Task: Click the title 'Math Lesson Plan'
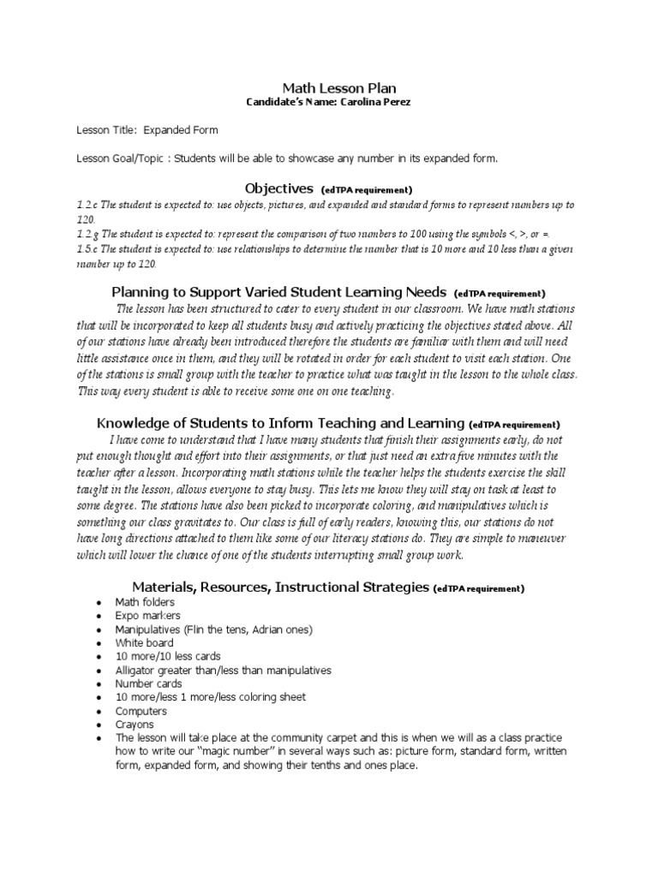pyautogui.click(x=328, y=88)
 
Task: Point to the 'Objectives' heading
pyautogui.click(x=279, y=188)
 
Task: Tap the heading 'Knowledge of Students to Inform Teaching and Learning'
pyautogui.click(x=281, y=422)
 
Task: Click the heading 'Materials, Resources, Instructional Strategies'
pyautogui.click(x=281, y=587)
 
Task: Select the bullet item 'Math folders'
pyautogui.click(x=145, y=602)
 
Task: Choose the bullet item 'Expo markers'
pyautogui.click(x=147, y=616)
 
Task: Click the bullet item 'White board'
pyautogui.click(x=144, y=642)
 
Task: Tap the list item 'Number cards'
pyautogui.click(x=148, y=683)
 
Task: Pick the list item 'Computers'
pyautogui.click(x=141, y=711)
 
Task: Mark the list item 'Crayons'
pyautogui.click(x=135, y=725)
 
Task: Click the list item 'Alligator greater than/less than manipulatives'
pyautogui.click(x=223, y=670)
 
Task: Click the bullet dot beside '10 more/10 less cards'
pyautogui.click(x=100, y=657)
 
